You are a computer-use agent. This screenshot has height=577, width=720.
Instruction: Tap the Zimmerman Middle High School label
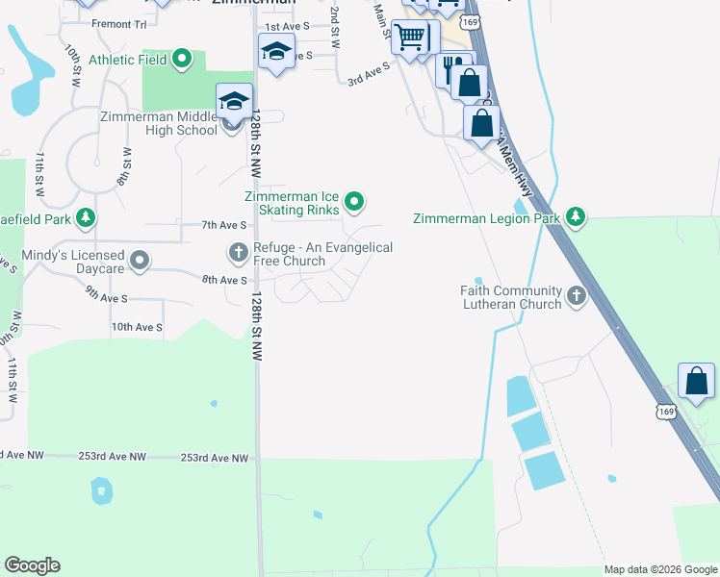pos(159,123)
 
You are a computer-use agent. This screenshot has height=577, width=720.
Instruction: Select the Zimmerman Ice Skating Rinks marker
pos(355,201)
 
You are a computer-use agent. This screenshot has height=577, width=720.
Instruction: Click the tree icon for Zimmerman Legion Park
pos(576,218)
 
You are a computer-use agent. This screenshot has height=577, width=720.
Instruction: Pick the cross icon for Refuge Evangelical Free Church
pos(238,253)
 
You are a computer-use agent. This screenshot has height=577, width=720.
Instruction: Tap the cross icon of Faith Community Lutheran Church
pos(577,296)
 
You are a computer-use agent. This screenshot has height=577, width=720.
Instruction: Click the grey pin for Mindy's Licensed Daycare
pos(141,261)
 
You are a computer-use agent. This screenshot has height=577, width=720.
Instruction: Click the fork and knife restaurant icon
pos(449,69)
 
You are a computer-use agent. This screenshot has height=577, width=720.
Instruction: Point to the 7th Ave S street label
pos(224,224)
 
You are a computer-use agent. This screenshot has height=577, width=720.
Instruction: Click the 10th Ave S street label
pos(136,327)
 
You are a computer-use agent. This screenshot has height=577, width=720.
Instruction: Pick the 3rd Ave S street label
pos(368,75)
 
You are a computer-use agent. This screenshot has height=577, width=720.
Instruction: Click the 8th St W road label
pos(124,165)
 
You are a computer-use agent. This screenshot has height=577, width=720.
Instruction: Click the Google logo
pos(32,565)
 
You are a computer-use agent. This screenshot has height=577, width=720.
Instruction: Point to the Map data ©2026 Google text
pos(660,569)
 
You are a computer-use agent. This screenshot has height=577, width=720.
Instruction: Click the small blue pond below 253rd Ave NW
pos(100,491)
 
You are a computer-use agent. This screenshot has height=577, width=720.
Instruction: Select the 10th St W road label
pos(71,65)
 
